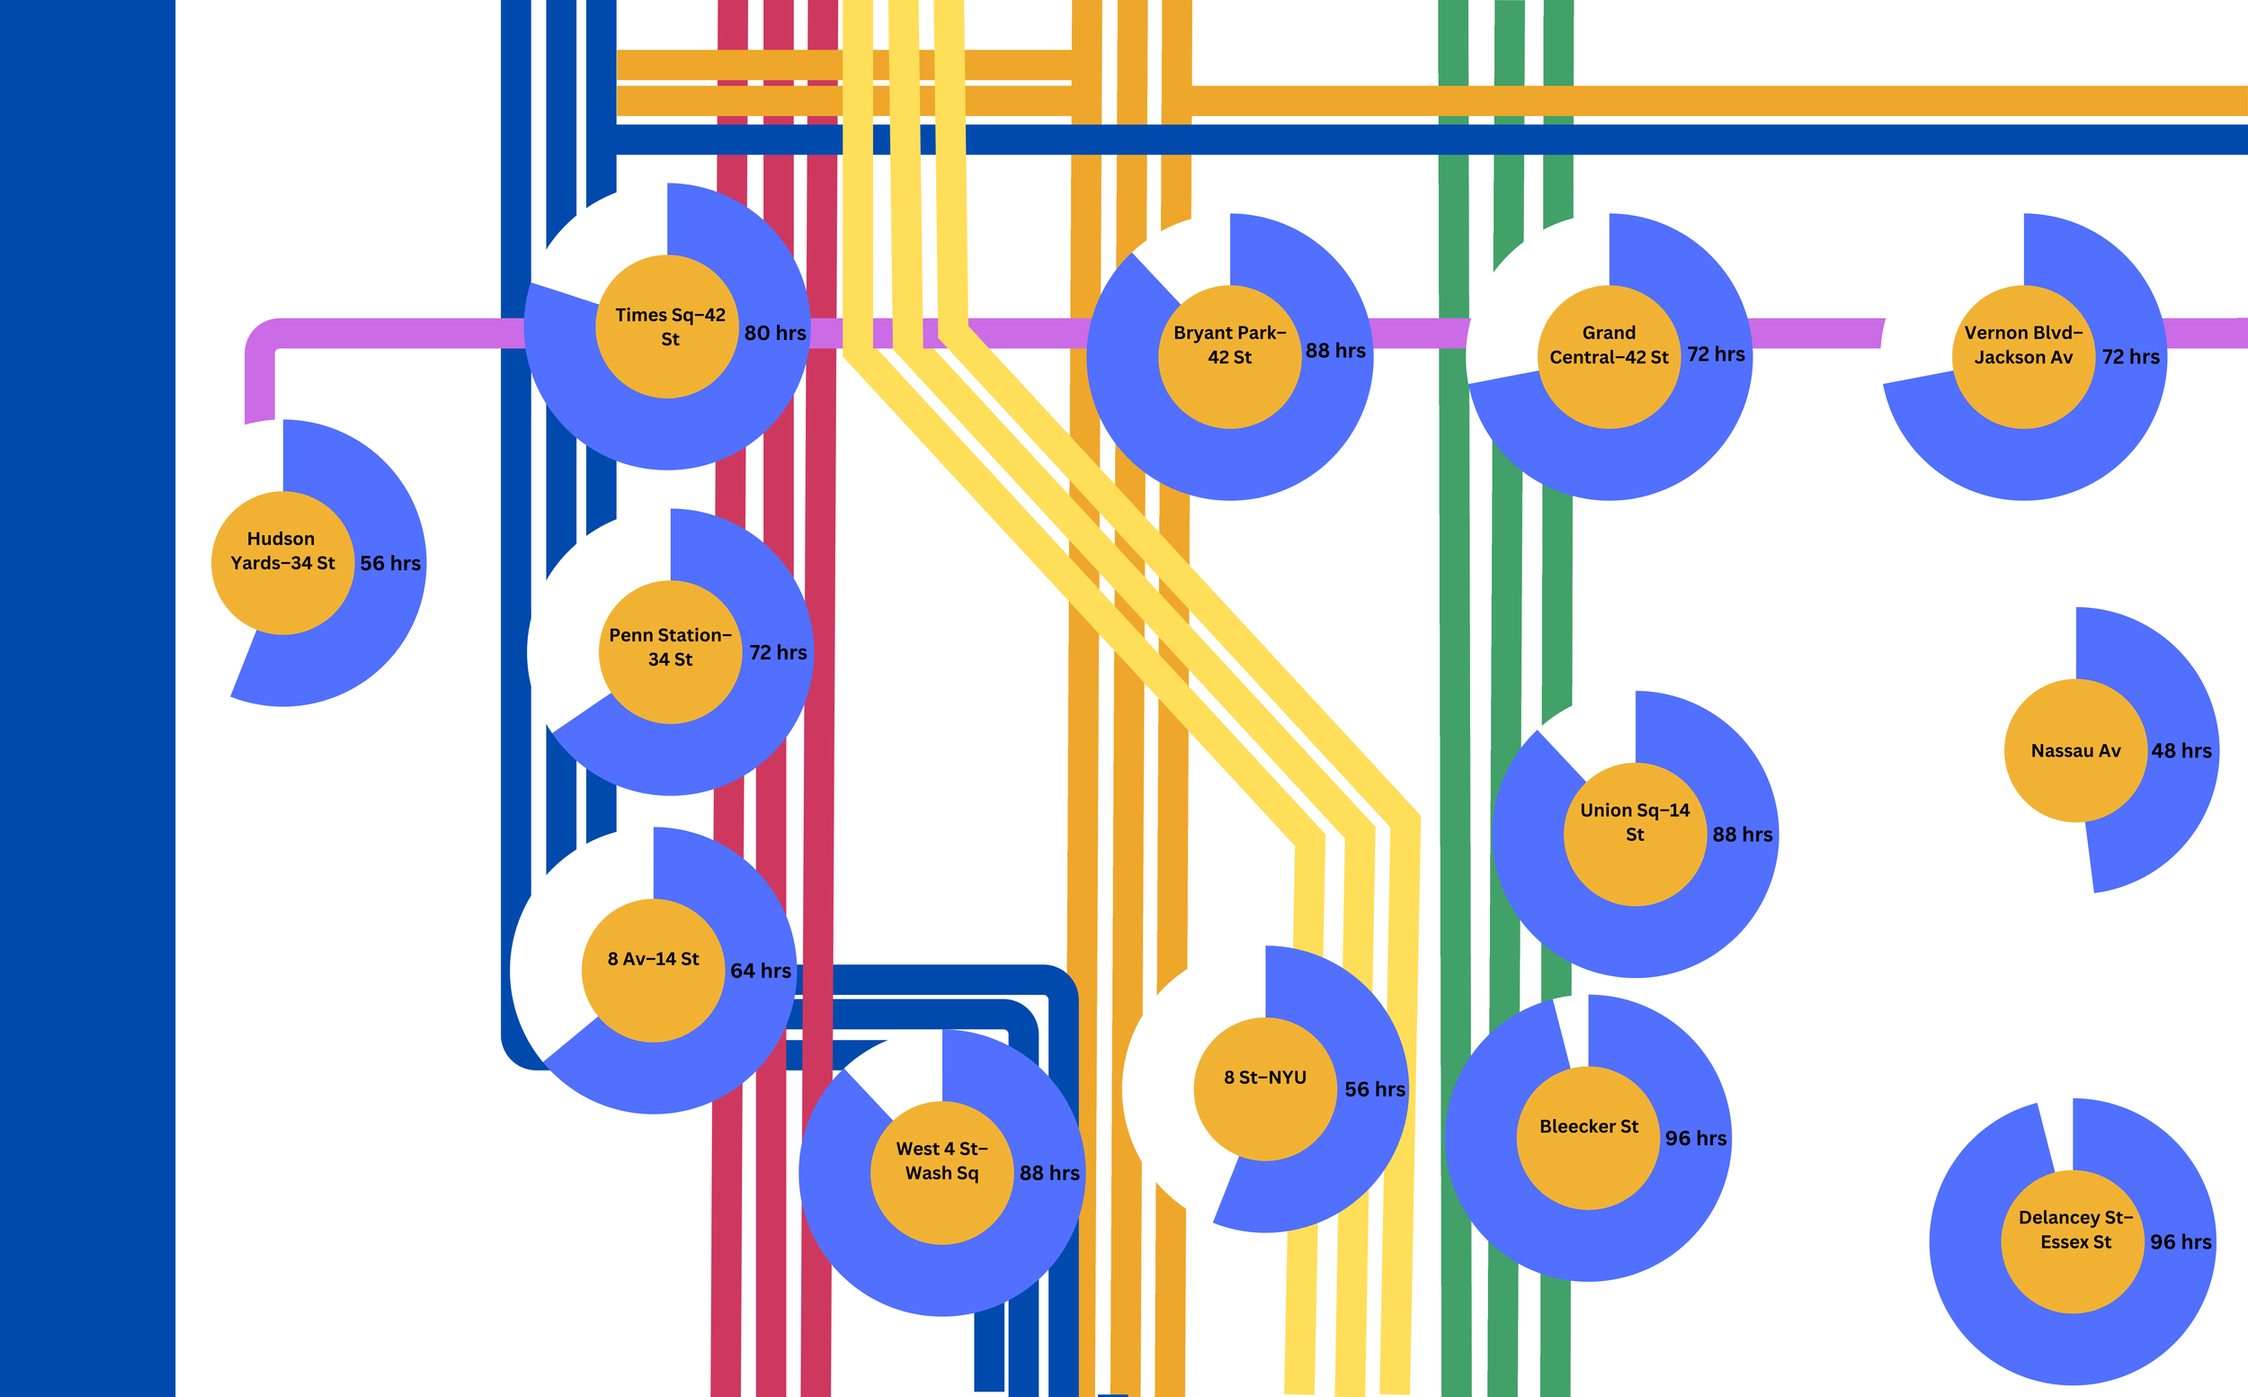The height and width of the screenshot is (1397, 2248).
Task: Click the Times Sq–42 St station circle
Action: tap(667, 327)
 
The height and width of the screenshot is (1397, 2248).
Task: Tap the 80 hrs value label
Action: tap(775, 333)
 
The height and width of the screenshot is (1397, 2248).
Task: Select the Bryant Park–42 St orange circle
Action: tap(1229, 356)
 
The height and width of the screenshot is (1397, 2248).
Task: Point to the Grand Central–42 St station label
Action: tap(1608, 345)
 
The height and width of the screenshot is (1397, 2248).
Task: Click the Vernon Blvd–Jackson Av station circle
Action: tap(2022, 356)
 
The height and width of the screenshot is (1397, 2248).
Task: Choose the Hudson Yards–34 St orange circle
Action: tap(282, 563)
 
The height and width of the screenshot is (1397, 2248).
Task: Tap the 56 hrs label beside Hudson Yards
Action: tap(389, 563)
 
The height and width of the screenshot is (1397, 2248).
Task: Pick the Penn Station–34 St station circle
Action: tap(670, 651)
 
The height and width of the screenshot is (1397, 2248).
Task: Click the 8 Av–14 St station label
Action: tap(653, 959)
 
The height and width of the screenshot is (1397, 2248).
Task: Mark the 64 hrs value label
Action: tap(760, 970)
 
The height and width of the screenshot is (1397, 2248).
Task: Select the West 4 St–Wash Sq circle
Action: tap(941, 1172)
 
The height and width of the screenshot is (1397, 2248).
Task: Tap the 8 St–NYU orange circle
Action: tap(1264, 1088)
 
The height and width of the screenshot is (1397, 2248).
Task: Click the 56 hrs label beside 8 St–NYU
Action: tap(1374, 1089)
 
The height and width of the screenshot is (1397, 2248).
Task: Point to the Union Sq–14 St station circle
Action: tap(1634, 833)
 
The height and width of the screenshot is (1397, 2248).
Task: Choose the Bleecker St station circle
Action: tap(1588, 1137)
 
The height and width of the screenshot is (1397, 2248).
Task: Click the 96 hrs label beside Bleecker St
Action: tap(1696, 1138)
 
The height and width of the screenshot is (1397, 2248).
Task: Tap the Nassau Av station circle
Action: tap(2075, 750)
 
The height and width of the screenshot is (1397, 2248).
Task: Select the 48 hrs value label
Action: tap(2181, 750)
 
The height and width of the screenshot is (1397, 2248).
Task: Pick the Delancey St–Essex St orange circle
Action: tap(2072, 1240)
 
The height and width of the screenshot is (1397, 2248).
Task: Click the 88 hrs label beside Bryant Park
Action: tap(1334, 350)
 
